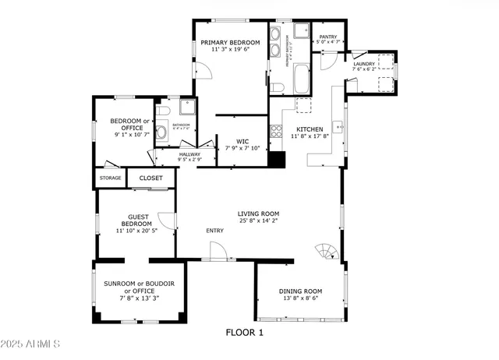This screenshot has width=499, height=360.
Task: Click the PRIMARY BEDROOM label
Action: point(230,42)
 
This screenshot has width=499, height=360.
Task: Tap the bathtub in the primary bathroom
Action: point(302,79)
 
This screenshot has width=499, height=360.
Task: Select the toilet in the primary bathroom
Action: point(277,86)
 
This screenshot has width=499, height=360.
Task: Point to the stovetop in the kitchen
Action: point(275,132)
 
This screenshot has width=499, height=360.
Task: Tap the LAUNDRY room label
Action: point(364,64)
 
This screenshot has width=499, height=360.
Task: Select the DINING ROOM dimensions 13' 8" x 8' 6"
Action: point(300,298)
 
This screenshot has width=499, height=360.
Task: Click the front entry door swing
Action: point(218,251)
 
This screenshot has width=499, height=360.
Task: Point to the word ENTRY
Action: point(214,231)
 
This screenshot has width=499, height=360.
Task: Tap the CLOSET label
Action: point(151,178)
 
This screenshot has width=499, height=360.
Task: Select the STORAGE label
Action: point(111,178)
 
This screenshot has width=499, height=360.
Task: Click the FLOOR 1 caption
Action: point(245,333)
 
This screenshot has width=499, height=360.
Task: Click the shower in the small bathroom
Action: point(187,108)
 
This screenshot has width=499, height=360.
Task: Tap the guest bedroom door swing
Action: point(166,221)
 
